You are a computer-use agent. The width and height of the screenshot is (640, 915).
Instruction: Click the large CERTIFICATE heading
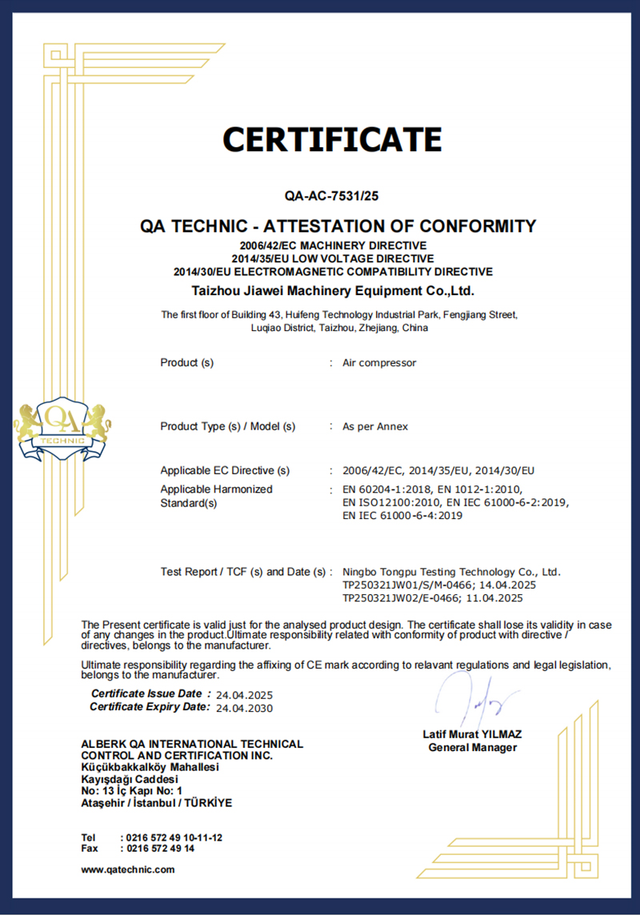pyautogui.click(x=332, y=139)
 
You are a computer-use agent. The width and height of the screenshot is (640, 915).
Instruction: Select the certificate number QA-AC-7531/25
pyautogui.click(x=332, y=195)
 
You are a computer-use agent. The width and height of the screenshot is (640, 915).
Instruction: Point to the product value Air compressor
pyautogui.click(x=379, y=363)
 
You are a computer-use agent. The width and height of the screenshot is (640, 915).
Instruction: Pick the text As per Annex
pyautogui.click(x=375, y=427)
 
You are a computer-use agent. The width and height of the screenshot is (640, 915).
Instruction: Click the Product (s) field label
pyautogui.click(x=187, y=363)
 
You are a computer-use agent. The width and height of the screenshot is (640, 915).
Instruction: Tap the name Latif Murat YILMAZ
pyautogui.click(x=472, y=734)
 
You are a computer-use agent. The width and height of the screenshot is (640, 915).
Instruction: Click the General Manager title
pyautogui.click(x=472, y=748)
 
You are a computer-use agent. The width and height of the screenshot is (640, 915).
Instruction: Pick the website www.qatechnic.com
pyautogui.click(x=128, y=869)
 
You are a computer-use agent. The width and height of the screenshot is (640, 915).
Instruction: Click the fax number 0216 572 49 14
pyautogui.click(x=161, y=849)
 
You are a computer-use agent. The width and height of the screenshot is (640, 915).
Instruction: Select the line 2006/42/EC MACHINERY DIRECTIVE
pyautogui.click(x=333, y=246)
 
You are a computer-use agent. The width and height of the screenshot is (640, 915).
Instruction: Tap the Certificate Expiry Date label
pyautogui.click(x=150, y=707)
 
